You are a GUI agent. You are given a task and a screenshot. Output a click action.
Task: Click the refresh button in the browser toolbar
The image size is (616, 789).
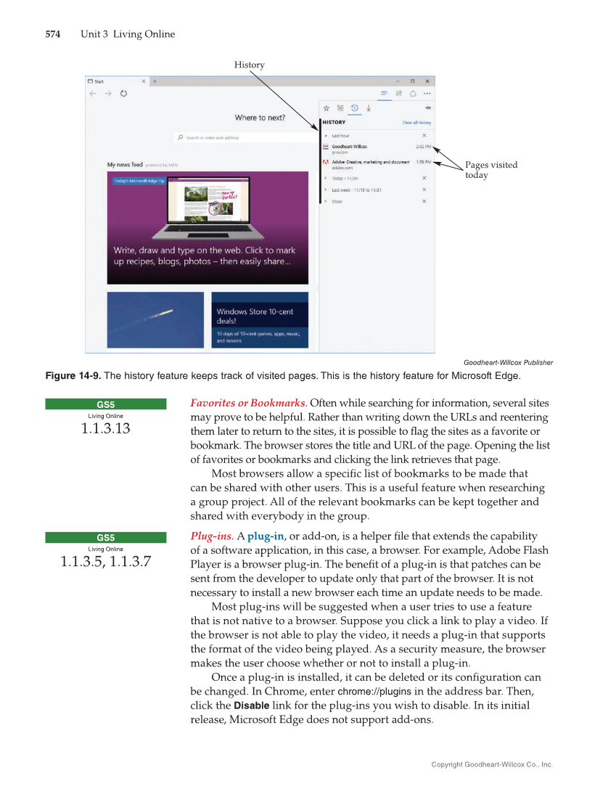pyautogui.click(x=124, y=94)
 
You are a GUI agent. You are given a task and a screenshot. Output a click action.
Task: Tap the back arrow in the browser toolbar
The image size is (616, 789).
pyautogui.click(x=93, y=94)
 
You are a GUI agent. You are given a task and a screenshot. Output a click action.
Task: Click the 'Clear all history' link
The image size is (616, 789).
pyautogui.click(x=416, y=123)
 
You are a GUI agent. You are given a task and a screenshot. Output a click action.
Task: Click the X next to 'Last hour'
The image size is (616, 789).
pyautogui.click(x=424, y=136)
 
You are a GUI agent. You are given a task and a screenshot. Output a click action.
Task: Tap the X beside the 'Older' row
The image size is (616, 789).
pyautogui.click(x=424, y=201)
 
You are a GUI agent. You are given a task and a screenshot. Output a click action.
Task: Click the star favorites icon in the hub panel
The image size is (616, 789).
pyautogui.click(x=327, y=108)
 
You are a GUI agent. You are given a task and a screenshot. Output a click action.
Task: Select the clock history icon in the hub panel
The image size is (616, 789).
pyautogui.click(x=355, y=108)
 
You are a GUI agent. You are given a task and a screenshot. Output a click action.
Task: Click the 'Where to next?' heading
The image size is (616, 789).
pyautogui.click(x=260, y=118)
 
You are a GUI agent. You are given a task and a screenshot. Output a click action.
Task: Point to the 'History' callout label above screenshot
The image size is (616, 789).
pyautogui.click(x=249, y=65)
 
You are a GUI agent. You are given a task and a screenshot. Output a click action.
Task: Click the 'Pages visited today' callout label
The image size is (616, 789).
pyautogui.click(x=490, y=170)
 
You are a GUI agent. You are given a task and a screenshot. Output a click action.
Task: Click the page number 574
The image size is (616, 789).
pyautogui.click(x=53, y=34)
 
